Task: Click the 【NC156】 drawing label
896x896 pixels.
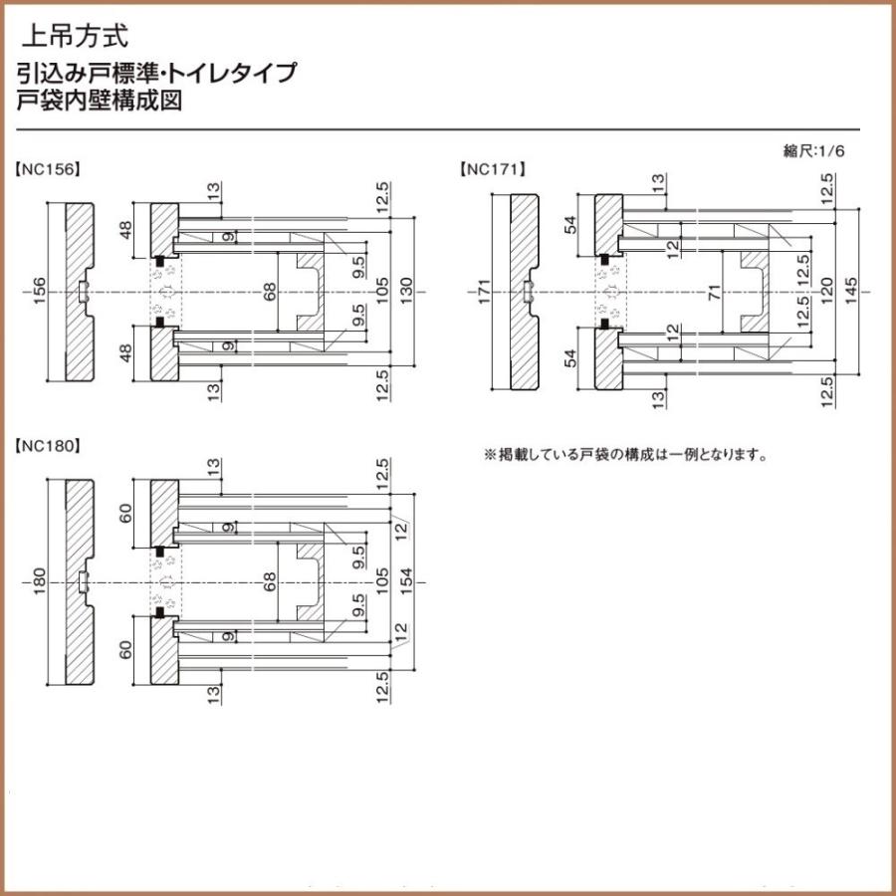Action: pos(47,169)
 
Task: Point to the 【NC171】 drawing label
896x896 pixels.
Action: pos(492,169)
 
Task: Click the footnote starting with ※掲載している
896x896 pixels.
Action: pos(625,455)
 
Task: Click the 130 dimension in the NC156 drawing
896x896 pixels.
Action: pos(405,291)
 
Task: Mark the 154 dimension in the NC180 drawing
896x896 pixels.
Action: pos(405,581)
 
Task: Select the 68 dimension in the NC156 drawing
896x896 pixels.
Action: pos(268,291)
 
